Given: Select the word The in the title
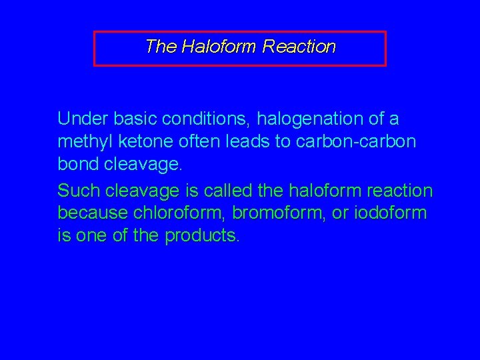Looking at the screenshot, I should pyautogui.click(x=159, y=47).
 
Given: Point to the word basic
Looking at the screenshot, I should pyautogui.click(x=132, y=119).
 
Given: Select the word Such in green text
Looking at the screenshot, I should pyautogui.click(x=75, y=191).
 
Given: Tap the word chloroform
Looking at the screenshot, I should pyautogui.click(x=175, y=214).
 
